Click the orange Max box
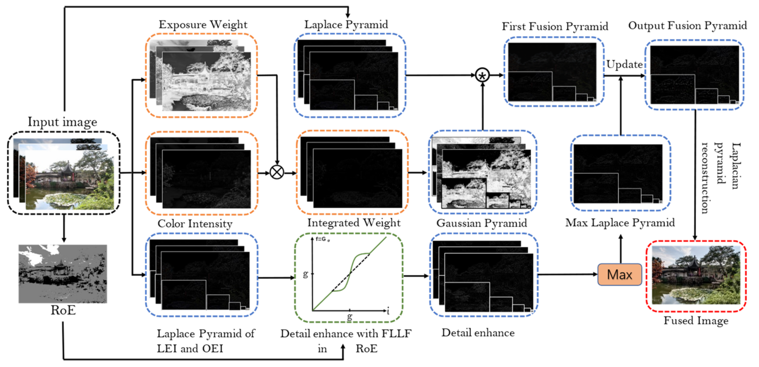pos(619,275)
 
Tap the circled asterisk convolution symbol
pos(482,75)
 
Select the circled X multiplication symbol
pos(277,172)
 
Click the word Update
pos(624,64)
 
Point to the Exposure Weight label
pos(203,25)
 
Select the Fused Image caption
pos(696,320)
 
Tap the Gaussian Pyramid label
pos(482,223)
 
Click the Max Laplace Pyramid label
pos(620,223)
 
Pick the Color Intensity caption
pos(195,224)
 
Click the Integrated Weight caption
pos(354,223)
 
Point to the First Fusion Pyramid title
pos(555,26)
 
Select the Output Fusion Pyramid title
pos(687,26)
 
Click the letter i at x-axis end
pos(388,311)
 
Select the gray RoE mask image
pos(63,274)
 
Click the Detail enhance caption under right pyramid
pos(478,333)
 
